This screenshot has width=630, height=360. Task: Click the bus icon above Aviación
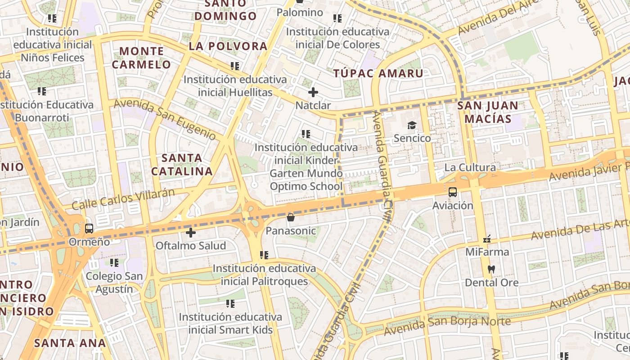point(453,192)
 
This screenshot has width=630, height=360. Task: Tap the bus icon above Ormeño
point(89,228)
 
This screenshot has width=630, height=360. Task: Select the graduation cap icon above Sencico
point(412,125)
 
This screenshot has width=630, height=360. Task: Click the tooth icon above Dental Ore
point(491,270)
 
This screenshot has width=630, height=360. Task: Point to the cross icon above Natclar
point(313,93)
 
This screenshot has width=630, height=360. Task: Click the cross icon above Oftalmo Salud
point(191,233)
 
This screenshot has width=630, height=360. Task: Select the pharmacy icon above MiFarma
point(486,239)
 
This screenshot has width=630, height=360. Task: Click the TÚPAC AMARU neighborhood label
point(378,74)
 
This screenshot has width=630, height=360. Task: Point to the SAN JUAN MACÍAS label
point(488,112)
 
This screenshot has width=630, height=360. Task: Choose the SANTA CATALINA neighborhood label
point(182,165)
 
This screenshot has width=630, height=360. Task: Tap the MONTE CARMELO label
point(142,58)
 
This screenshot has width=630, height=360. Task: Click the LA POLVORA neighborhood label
point(228,46)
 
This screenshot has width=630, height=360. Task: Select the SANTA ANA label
point(70,343)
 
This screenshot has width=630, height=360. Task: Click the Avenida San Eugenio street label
point(165,119)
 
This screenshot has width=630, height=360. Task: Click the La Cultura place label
point(470,168)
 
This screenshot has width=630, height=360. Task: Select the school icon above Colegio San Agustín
point(114,262)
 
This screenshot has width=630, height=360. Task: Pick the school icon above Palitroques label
point(264,255)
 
